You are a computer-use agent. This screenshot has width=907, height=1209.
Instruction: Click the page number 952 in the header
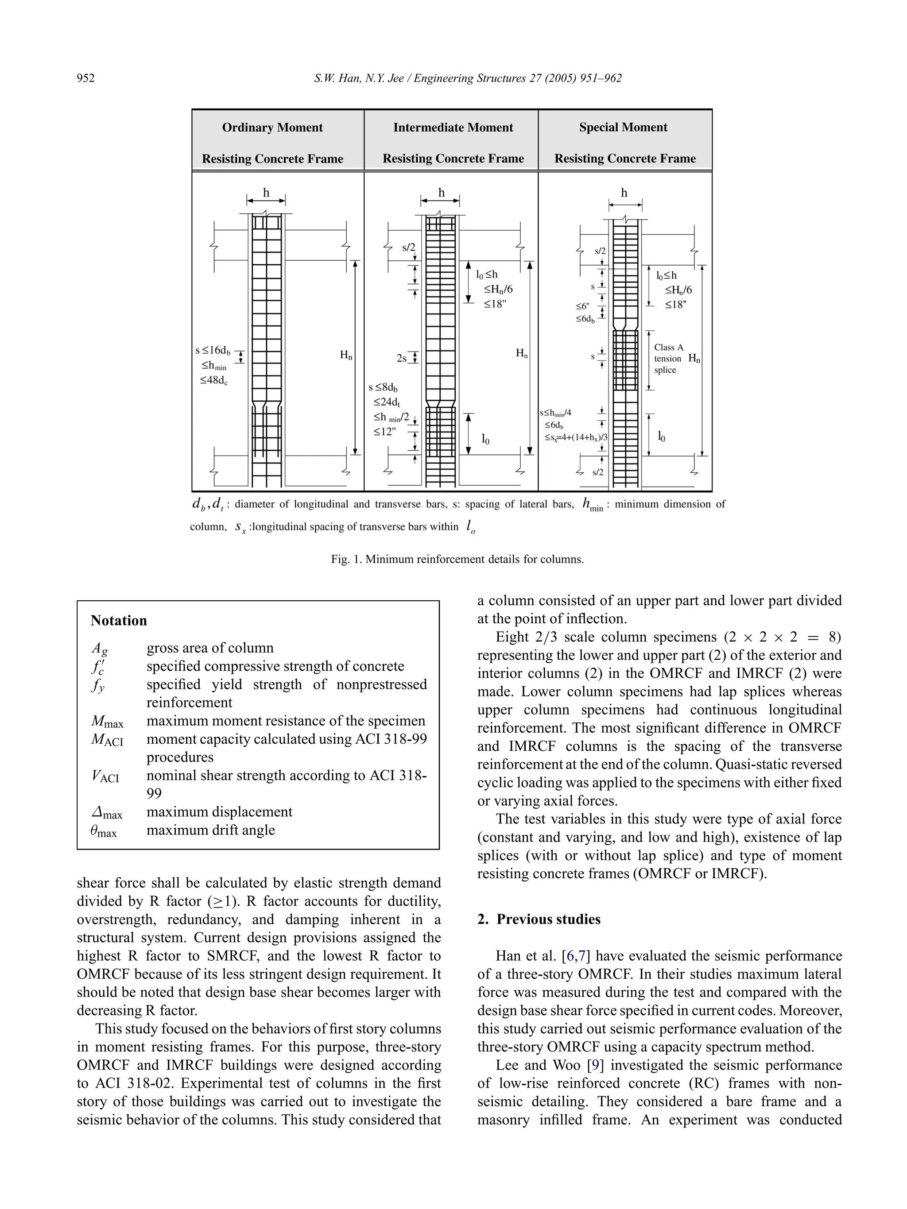[x=86, y=78]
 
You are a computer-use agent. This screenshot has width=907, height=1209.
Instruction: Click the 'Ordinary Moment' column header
[x=272, y=127]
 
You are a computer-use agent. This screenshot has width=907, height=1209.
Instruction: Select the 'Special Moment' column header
[x=623, y=127]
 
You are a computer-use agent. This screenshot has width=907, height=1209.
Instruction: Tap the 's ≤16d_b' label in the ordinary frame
[x=213, y=350]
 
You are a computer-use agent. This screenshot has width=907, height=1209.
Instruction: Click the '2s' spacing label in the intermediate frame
[x=402, y=359]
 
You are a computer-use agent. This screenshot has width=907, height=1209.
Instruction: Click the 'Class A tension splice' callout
[x=668, y=359]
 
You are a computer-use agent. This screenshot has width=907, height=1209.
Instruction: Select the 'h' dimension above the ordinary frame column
[x=266, y=193]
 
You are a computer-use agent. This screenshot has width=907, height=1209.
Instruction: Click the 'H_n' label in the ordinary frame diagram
[x=346, y=355]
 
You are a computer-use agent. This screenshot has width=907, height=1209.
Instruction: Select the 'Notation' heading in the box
[x=119, y=620]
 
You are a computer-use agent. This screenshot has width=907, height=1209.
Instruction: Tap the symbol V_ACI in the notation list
[x=105, y=776]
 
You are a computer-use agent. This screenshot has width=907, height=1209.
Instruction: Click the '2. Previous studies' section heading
[x=539, y=919]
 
